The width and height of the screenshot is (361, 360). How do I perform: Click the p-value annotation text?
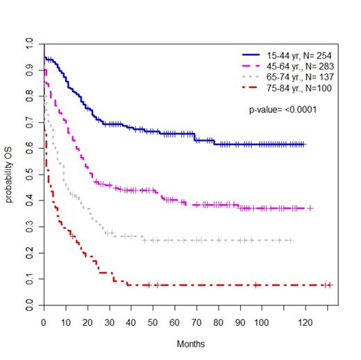[283, 110]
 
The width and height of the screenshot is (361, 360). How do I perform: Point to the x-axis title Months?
[190, 343]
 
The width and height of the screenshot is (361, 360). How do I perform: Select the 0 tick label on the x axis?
[43, 323]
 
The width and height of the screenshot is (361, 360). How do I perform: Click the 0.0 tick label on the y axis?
[29, 305]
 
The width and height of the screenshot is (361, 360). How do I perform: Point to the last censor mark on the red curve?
[330, 285]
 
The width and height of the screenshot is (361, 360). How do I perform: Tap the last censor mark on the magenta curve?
[310, 208]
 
